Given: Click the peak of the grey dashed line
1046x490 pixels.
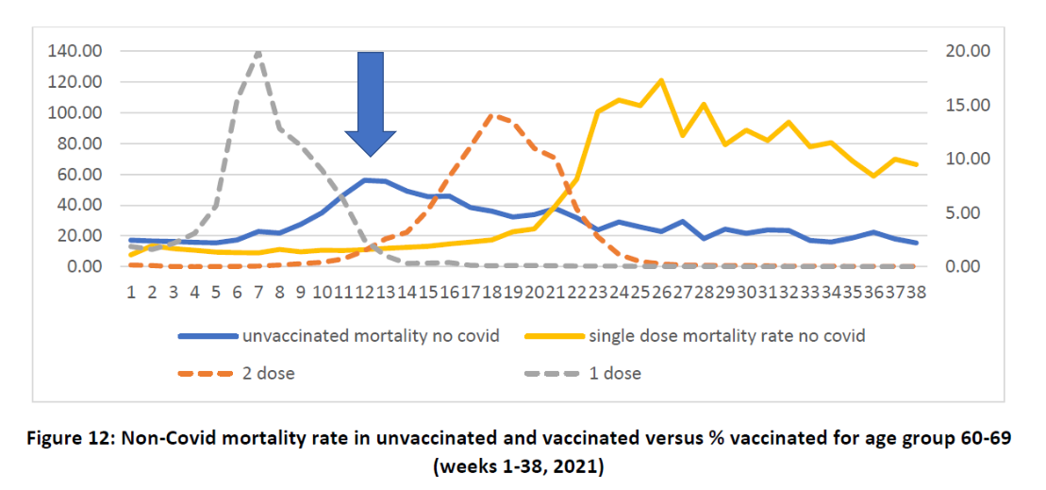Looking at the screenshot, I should tap(257, 53).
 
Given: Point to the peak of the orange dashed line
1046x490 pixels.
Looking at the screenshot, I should tap(491, 115).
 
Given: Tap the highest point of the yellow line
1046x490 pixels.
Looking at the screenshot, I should tap(661, 80).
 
